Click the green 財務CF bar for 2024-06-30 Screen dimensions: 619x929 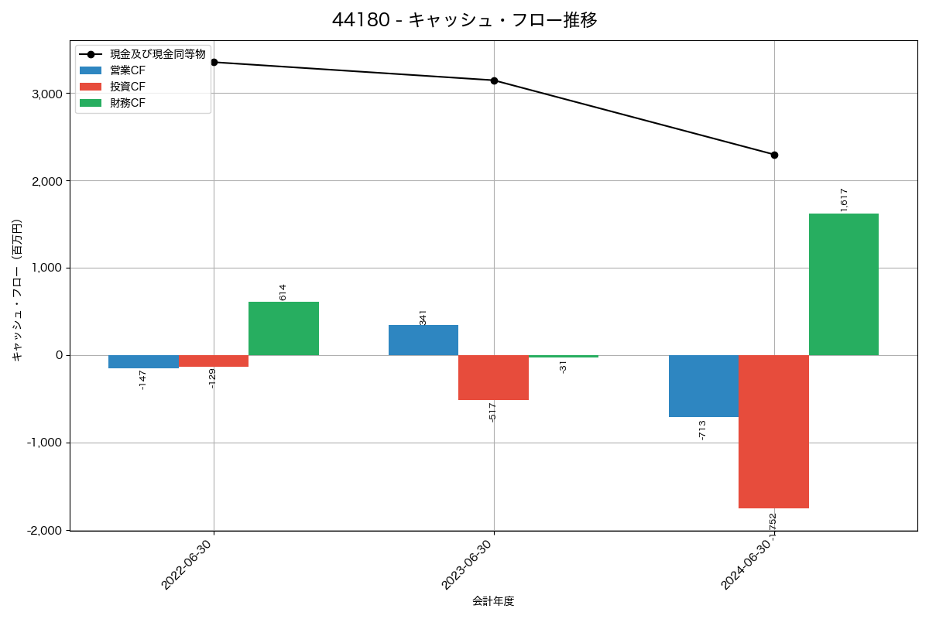[x=843, y=284]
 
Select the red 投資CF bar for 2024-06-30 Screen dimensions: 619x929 [x=773, y=431]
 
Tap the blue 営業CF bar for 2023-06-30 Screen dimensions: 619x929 [x=423, y=340]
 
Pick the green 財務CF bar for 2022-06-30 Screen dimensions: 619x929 [x=283, y=328]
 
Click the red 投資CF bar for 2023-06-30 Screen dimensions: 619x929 [x=493, y=378]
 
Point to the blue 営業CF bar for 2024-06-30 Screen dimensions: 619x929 [x=703, y=385]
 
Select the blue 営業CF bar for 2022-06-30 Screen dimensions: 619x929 [x=143, y=361]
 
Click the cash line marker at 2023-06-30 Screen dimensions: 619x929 [x=494, y=80]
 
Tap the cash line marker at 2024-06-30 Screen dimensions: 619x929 [x=774, y=155]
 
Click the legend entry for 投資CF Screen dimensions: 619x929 [x=127, y=87]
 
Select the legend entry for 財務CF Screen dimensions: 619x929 [x=127, y=103]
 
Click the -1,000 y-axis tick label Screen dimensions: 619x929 [x=46, y=443]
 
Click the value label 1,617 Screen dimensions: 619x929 [x=844, y=200]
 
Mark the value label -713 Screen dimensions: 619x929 [x=701, y=430]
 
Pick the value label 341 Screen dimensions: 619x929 [x=423, y=317]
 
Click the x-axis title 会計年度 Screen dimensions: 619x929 [x=493, y=601]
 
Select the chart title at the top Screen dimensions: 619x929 [x=464, y=20]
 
